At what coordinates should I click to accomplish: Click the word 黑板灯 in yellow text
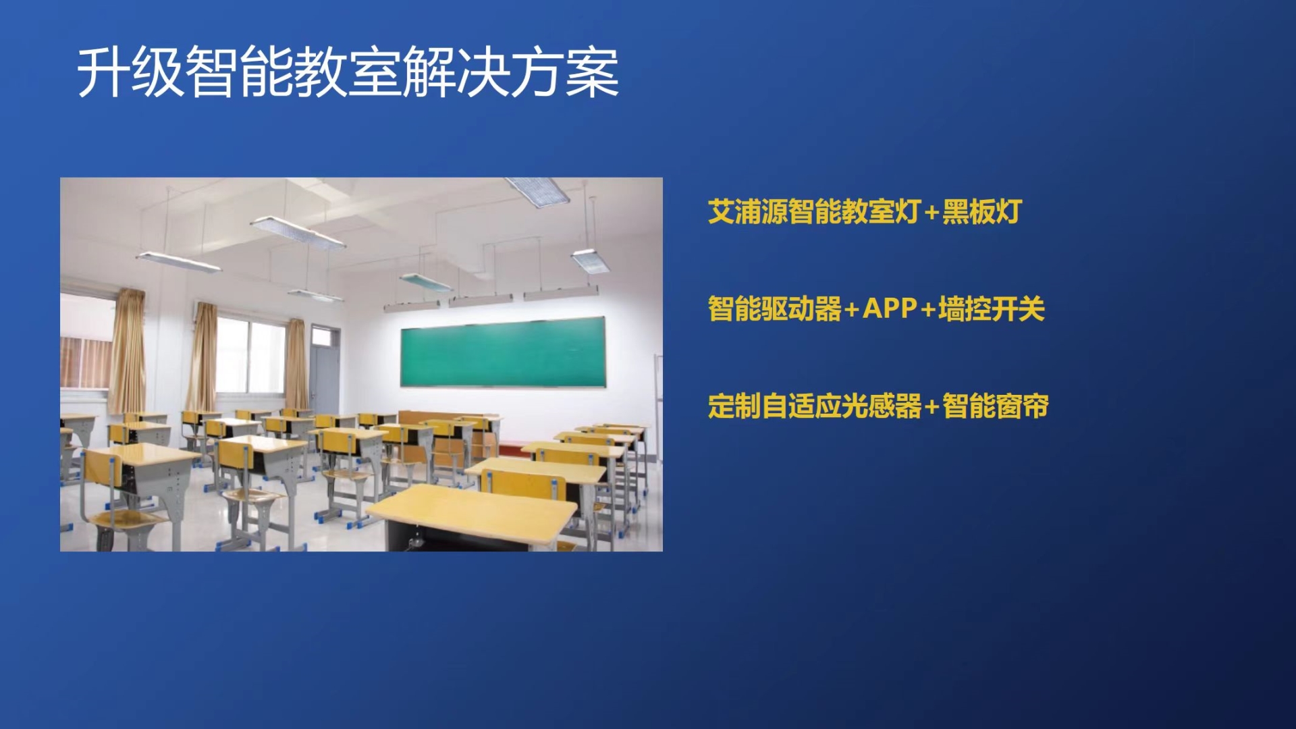click(x=982, y=212)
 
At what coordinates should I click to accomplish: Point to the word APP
click(x=890, y=309)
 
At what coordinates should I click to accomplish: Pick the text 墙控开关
click(x=992, y=309)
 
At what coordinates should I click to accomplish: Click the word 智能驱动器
click(x=774, y=309)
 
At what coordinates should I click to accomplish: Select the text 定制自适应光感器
click(x=815, y=406)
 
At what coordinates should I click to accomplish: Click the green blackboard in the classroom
click(x=503, y=352)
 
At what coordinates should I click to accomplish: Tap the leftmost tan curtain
click(x=128, y=351)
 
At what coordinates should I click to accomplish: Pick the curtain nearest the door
click(x=295, y=364)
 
